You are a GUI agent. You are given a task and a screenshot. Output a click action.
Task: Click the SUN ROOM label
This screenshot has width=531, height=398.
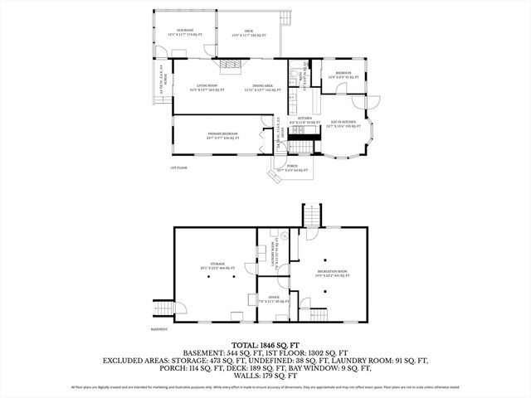(184, 32)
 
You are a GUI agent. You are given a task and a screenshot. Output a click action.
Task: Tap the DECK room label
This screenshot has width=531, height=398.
(246, 32)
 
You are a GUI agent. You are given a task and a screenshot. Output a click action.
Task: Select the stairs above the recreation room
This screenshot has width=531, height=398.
(310, 215)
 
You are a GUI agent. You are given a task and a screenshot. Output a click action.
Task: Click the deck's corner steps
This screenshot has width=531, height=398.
(287, 17)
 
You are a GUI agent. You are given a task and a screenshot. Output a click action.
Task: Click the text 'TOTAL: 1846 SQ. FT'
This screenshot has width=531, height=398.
(265, 344)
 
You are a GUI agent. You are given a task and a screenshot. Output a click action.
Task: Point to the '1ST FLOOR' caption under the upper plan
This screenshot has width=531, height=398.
(179, 169)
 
